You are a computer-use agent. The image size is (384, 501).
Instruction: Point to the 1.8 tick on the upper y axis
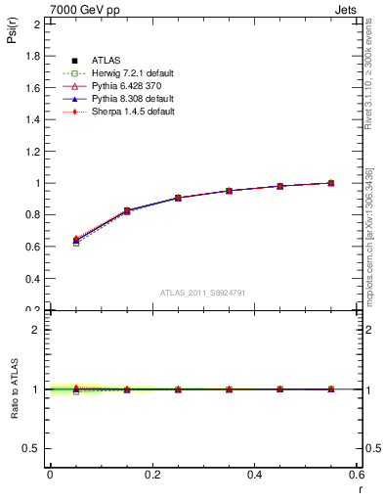click(x=33, y=56)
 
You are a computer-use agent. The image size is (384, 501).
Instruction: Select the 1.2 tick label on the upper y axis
click(x=33, y=152)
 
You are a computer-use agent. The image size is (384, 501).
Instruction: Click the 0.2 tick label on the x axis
click(x=151, y=475)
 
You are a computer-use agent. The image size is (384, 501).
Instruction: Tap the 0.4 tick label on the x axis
click(x=254, y=475)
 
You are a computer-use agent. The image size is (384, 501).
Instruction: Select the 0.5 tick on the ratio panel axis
click(x=32, y=448)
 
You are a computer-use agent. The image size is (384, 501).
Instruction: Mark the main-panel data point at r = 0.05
click(x=76, y=241)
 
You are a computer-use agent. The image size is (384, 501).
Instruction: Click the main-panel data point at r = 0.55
click(x=331, y=183)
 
